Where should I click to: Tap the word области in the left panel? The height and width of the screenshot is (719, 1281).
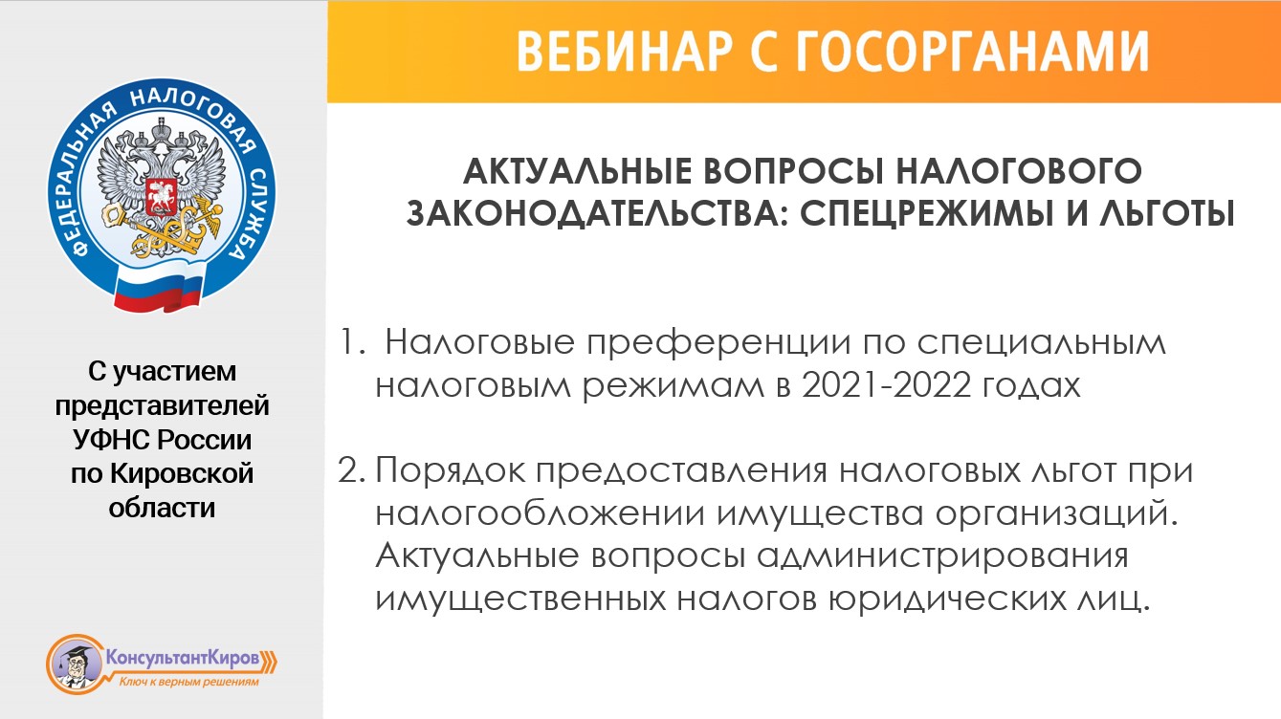click(162, 507)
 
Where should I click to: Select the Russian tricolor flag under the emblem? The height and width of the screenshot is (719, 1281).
click(159, 288)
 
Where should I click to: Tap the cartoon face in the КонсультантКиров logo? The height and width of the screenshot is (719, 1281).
click(73, 663)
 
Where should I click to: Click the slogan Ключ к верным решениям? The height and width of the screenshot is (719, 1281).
click(188, 683)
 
